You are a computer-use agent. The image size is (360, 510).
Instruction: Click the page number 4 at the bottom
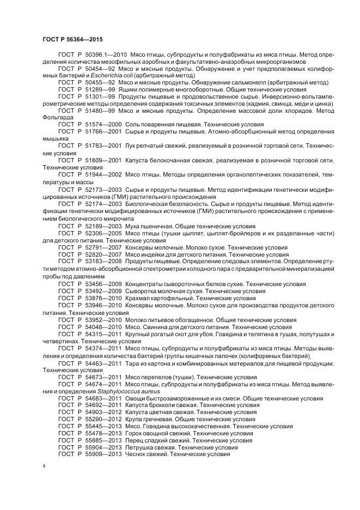point(44,467)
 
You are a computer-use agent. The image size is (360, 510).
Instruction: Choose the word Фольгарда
point(56,117)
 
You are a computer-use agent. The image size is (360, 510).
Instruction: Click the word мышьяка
point(55,138)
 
